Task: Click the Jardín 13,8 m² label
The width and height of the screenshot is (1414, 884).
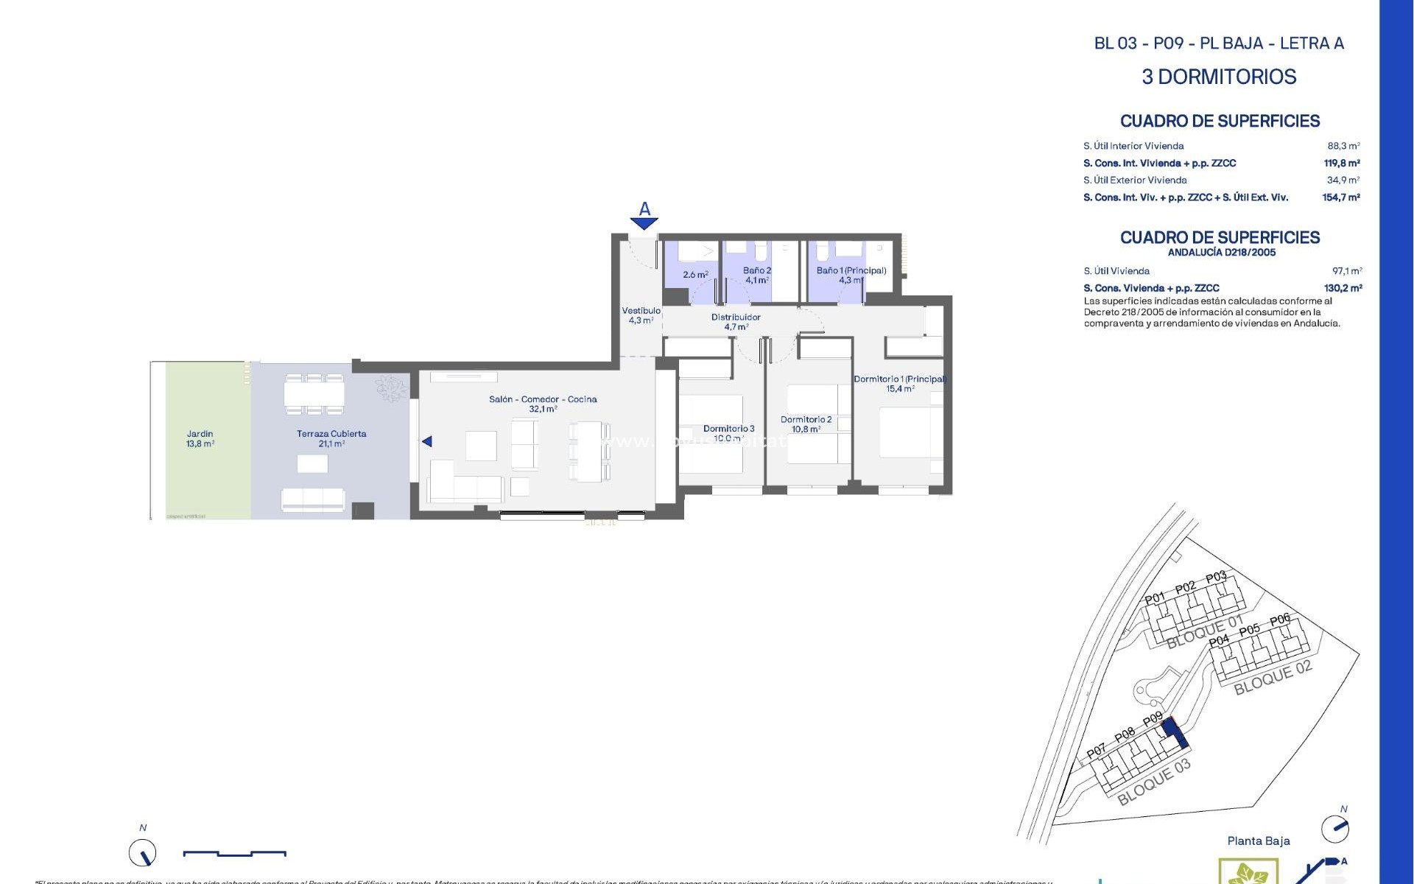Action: pos(200,439)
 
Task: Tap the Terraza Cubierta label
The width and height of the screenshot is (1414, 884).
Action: pos(331,438)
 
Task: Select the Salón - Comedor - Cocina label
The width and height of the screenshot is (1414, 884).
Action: pos(543,404)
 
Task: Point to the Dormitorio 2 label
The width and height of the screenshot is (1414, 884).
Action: pos(806,424)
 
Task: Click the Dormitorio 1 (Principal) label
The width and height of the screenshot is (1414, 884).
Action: pos(899,384)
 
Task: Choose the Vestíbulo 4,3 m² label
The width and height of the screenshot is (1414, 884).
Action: pos(641,315)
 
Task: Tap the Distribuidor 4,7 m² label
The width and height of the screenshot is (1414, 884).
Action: pos(736,322)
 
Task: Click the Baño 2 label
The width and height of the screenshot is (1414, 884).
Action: pos(757,275)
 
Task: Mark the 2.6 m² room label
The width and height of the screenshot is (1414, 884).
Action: pos(695,275)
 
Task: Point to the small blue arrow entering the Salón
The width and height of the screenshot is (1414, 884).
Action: pos(427,441)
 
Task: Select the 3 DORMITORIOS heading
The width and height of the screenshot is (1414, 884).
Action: pos(1219,77)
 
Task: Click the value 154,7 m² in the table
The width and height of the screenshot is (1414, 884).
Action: pos(1340,197)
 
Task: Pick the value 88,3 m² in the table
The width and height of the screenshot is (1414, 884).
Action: pos(1343,146)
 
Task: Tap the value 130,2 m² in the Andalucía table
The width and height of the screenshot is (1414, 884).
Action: pos(1343,288)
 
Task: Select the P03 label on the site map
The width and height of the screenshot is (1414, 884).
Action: pos(1216,577)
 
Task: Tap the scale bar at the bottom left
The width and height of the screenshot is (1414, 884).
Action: pos(234,853)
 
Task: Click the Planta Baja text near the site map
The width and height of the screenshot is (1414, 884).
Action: pos(1258,841)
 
